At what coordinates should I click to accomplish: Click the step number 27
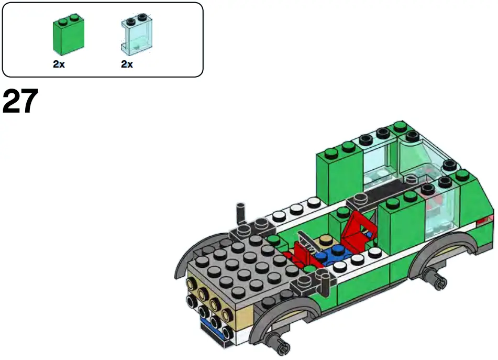pyautogui.click(x=21, y=102)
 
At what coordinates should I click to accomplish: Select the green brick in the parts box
pyautogui.click(x=69, y=36)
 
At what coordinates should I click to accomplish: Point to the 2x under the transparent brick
pyautogui.click(x=127, y=64)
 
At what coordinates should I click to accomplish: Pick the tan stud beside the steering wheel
pyautogui.click(x=326, y=241)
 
